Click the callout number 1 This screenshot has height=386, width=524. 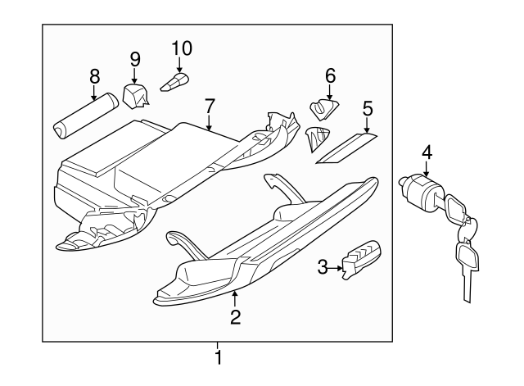point(218,357)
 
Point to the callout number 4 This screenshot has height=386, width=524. point(427,152)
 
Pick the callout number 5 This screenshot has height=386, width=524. point(368,107)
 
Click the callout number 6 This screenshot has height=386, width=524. point(330,75)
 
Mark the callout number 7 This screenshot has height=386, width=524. point(210,106)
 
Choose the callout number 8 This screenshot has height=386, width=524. point(94,76)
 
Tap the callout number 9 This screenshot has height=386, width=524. point(135,58)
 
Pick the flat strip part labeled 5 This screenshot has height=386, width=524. point(347,148)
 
